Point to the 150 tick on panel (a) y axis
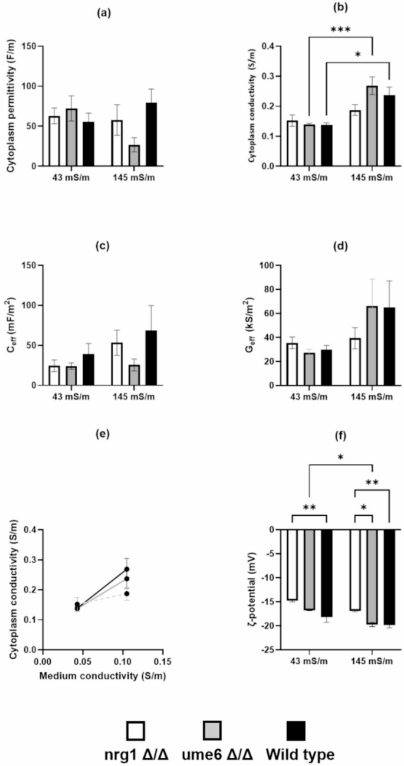point(33,46)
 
